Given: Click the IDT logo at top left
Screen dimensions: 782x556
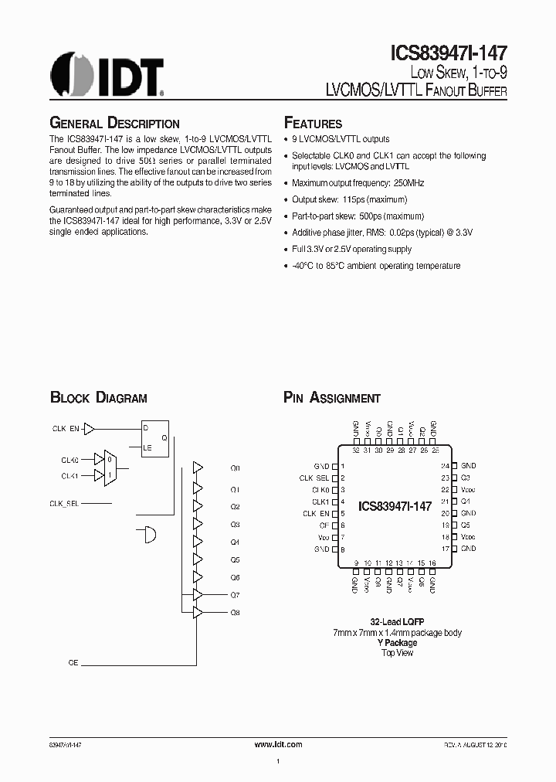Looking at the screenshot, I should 107,73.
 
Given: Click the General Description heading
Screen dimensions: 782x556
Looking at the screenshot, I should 114,124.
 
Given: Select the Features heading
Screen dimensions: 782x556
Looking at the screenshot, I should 313,124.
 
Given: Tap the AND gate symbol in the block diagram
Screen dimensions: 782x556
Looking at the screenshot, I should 147,533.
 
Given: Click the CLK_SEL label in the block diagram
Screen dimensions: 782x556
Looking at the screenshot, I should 65,503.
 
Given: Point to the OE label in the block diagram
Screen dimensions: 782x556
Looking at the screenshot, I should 73,663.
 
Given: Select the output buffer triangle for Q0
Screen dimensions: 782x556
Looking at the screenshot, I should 198,468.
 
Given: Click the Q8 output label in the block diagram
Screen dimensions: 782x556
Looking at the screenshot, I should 236,612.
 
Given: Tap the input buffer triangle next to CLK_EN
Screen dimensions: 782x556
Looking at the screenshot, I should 90,428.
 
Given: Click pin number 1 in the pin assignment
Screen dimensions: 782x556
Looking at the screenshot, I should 341,467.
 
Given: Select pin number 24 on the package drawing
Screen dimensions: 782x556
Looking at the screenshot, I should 446,466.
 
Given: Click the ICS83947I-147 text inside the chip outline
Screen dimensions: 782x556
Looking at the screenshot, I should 395,506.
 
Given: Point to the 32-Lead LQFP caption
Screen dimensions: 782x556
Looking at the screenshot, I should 397,622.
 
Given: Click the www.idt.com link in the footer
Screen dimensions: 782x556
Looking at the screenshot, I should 278,743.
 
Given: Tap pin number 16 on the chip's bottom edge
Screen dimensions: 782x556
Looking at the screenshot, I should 433,564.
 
